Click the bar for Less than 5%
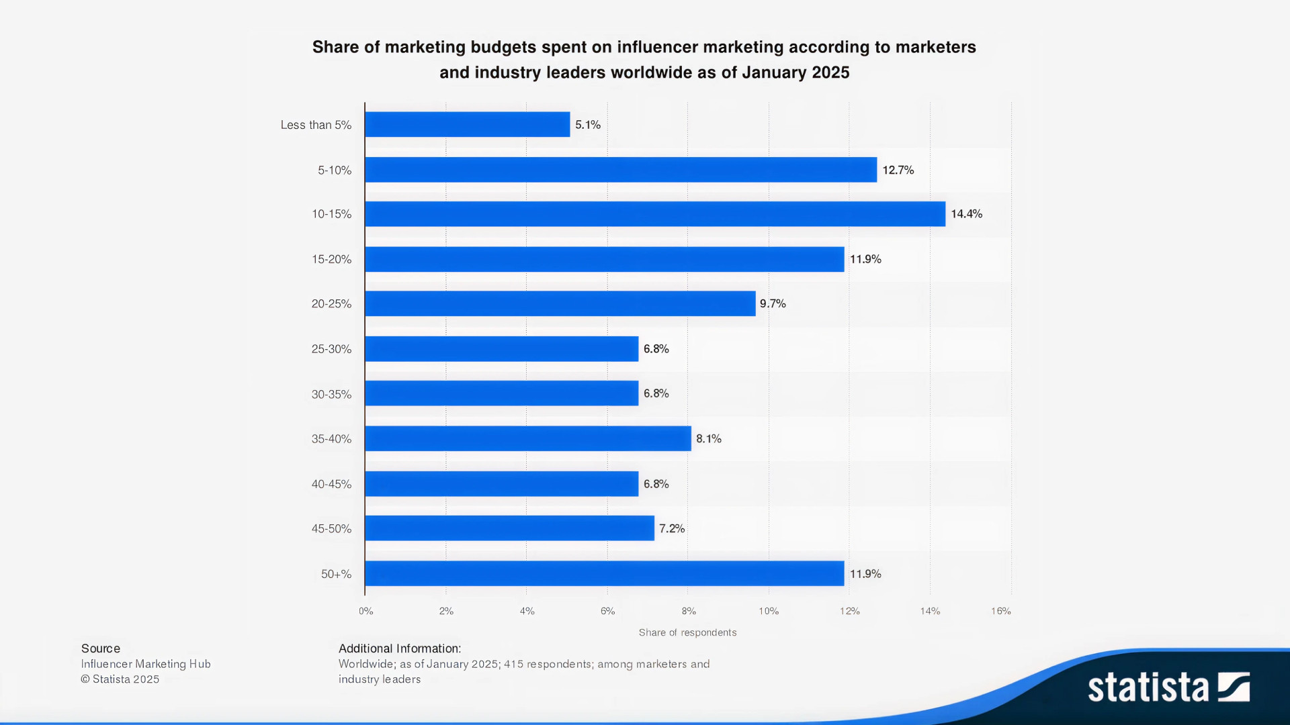[x=467, y=125]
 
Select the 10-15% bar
[x=655, y=214]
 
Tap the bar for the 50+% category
[x=604, y=574]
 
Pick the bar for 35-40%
[x=527, y=438]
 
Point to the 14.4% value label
[x=966, y=214]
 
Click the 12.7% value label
[x=898, y=171]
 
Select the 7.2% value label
[x=672, y=529]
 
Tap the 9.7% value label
[x=773, y=304]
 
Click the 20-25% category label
[x=331, y=304]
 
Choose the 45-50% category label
[x=331, y=529]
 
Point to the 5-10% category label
[x=335, y=171]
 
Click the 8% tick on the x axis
[x=689, y=612]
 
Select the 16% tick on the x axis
[x=1000, y=612]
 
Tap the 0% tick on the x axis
[x=366, y=612]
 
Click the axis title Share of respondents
[x=687, y=633]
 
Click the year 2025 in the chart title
[x=830, y=72]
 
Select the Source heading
[x=101, y=648]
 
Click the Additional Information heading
[x=400, y=648]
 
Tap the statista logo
[x=1168, y=687]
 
